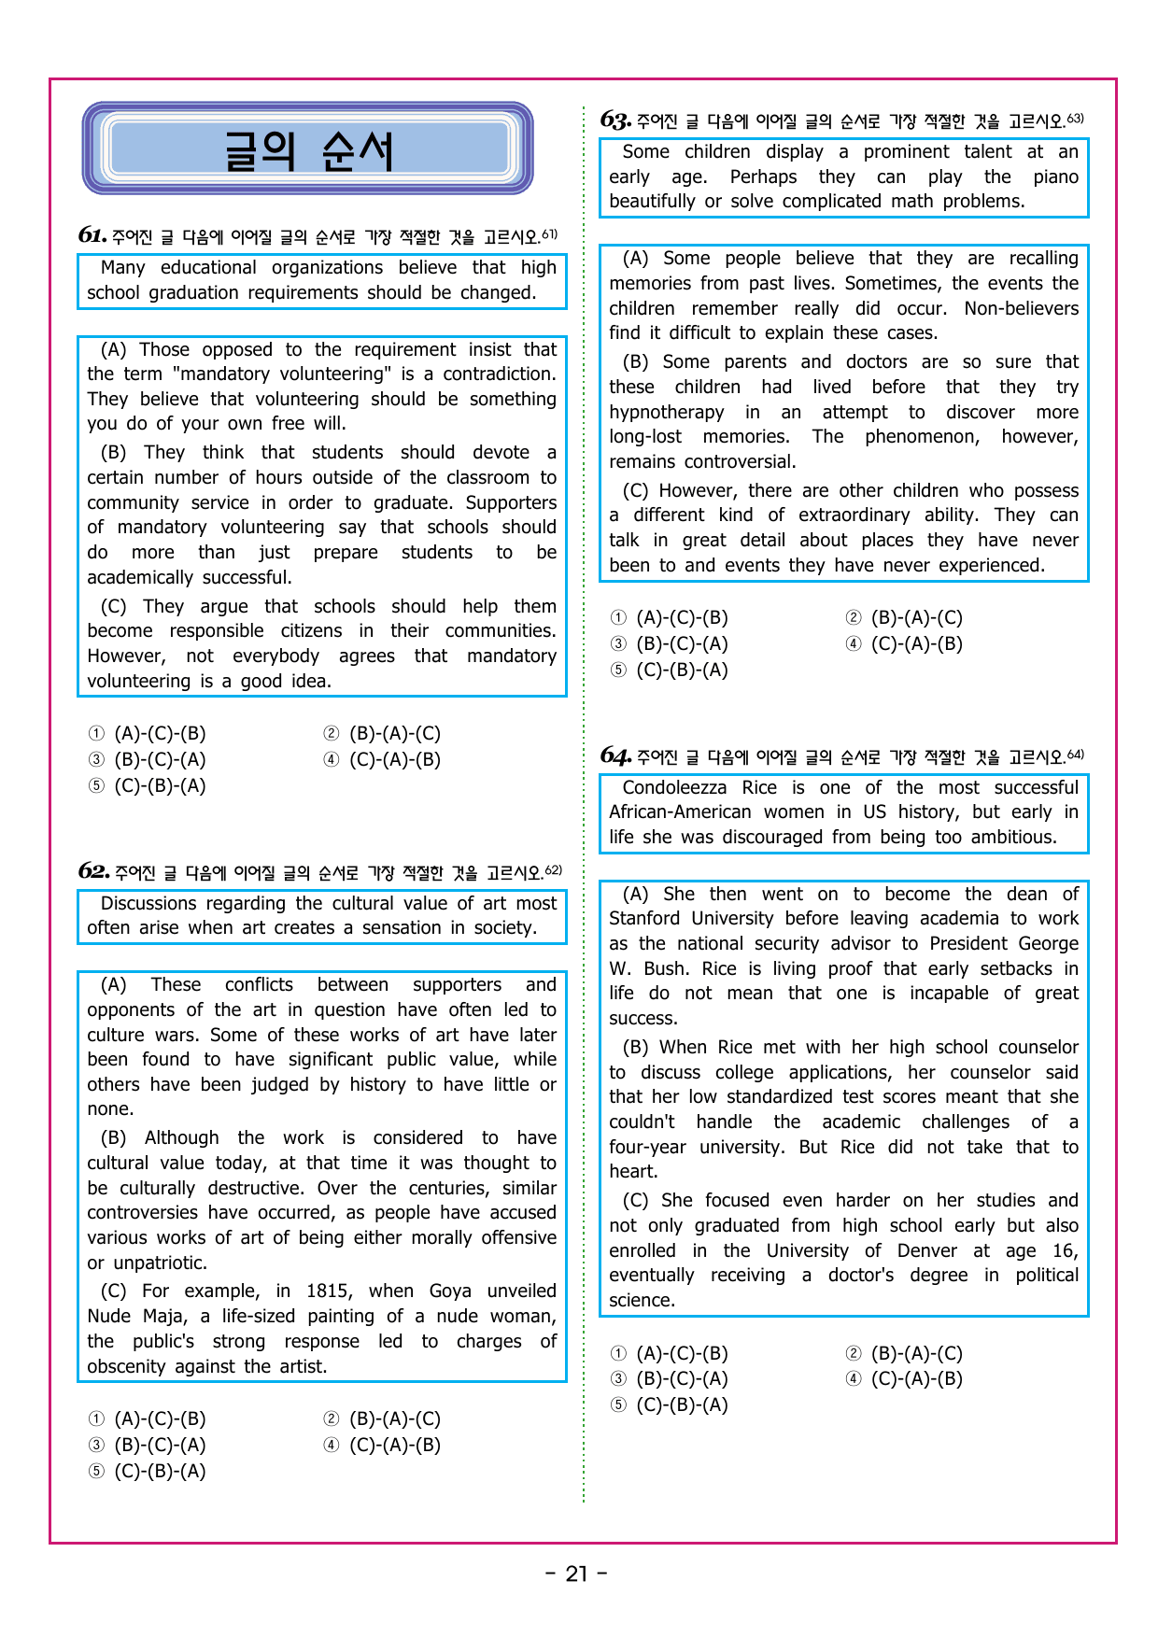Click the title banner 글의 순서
[x=308, y=149]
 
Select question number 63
[x=614, y=120]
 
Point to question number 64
[x=614, y=755]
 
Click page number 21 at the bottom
[x=577, y=1573]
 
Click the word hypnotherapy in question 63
[x=666, y=412]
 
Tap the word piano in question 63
[x=1055, y=176]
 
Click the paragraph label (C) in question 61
[x=114, y=606]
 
